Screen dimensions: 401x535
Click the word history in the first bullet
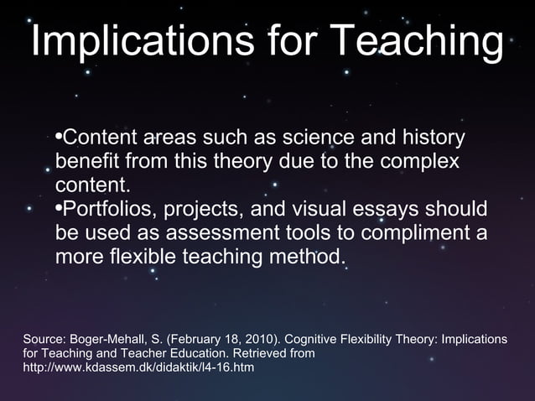429,137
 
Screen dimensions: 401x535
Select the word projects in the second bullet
210,208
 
